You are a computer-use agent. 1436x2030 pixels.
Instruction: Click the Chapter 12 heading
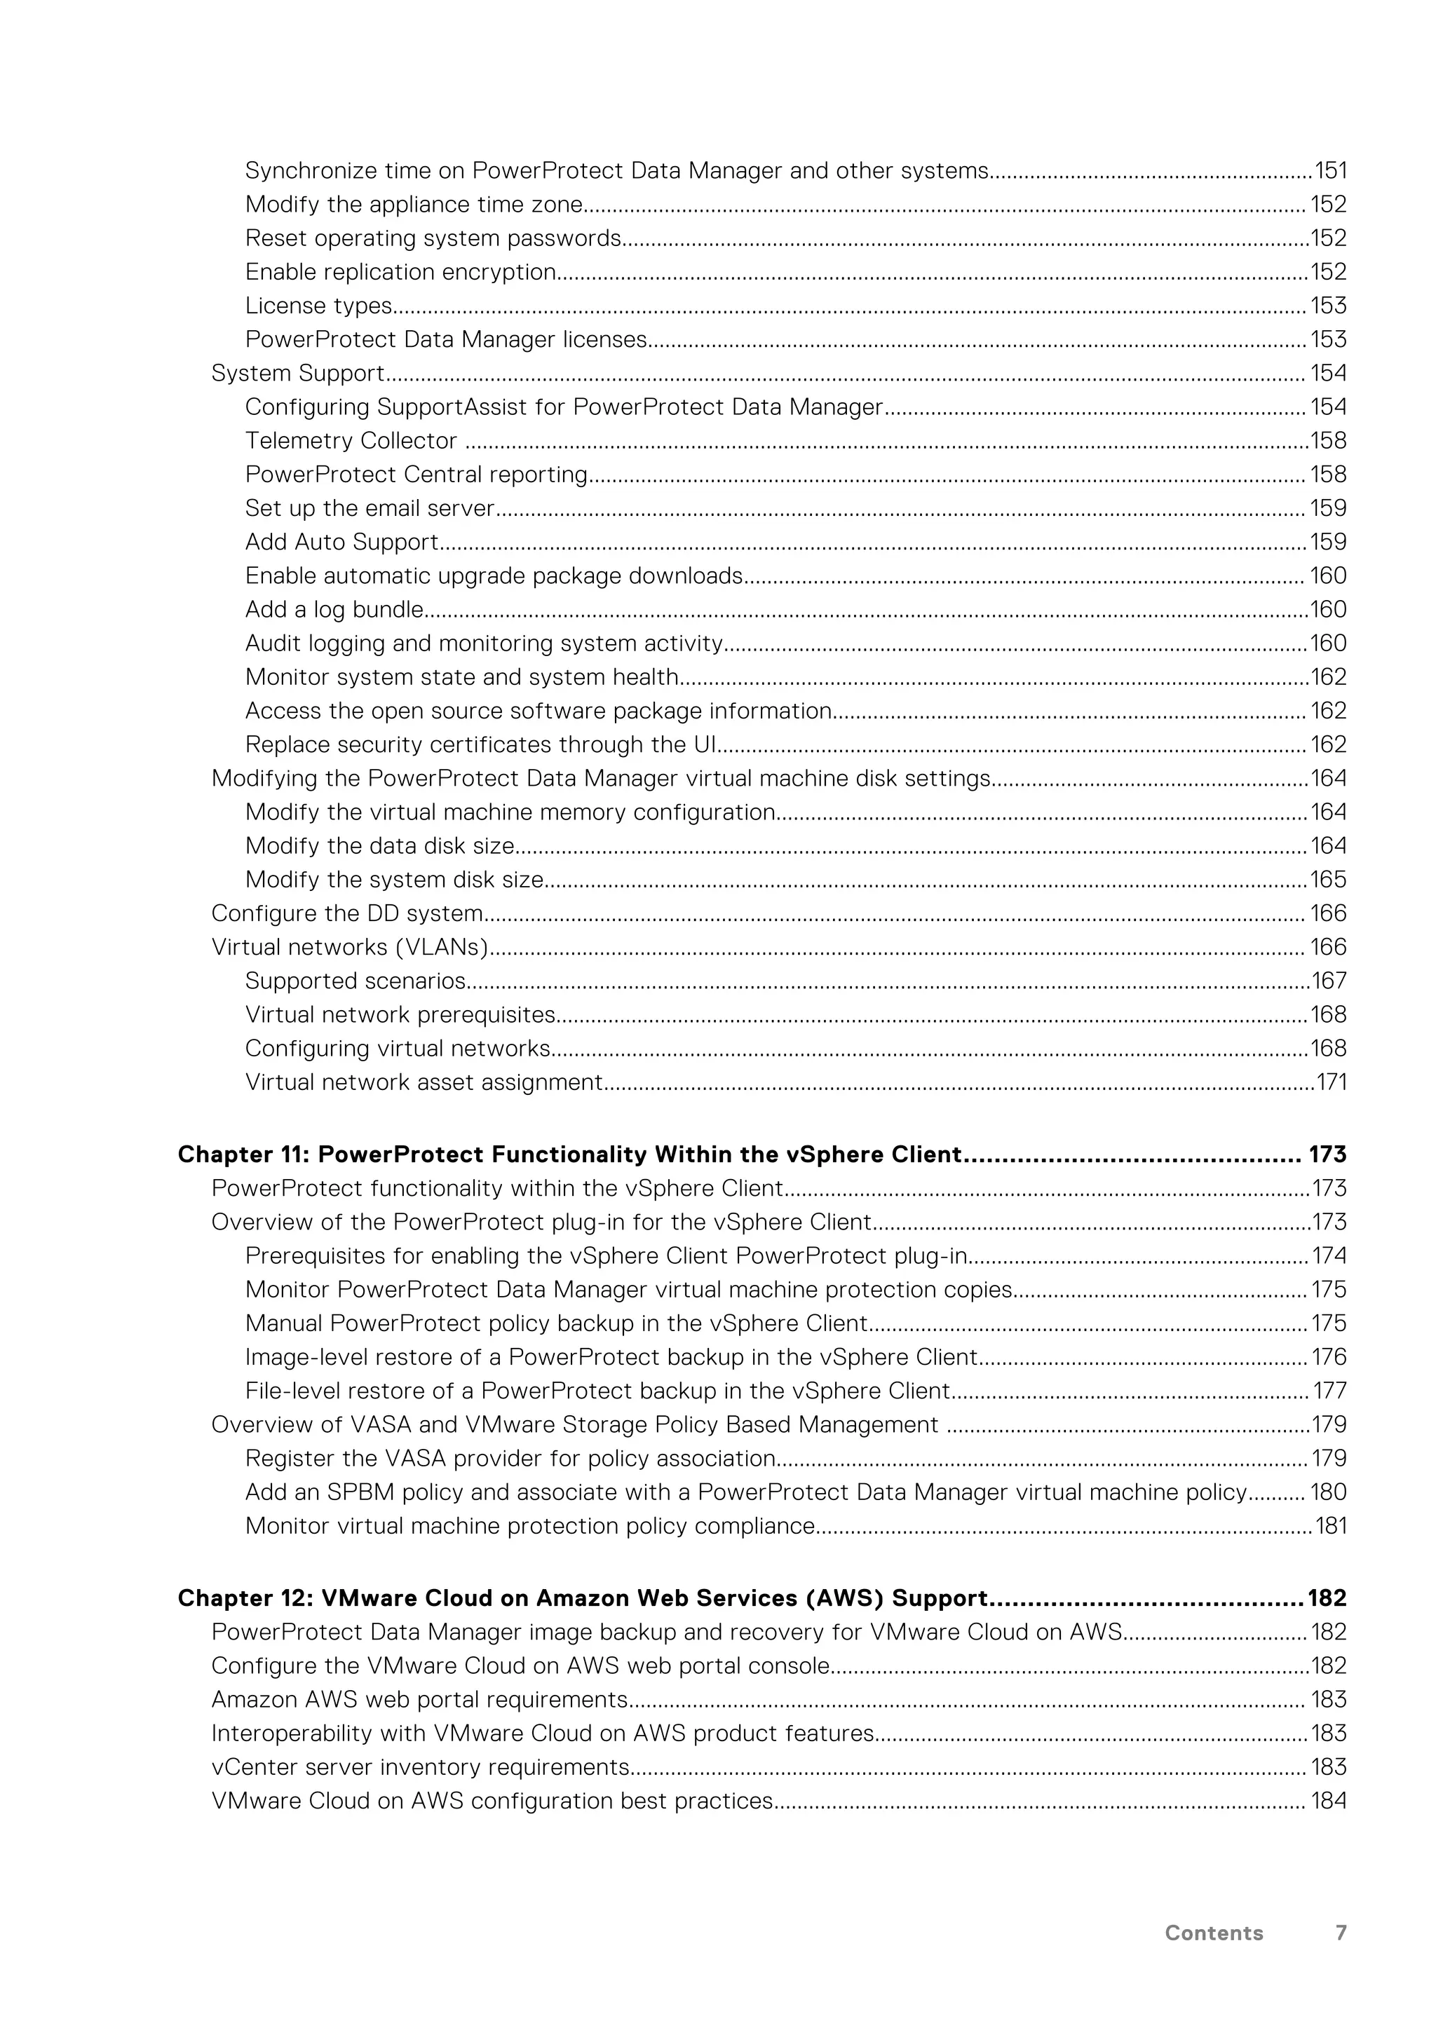point(582,1598)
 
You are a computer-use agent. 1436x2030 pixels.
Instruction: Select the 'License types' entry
point(318,306)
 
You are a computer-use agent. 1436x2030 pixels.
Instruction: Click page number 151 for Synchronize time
point(1330,170)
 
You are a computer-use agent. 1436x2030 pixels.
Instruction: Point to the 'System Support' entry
point(298,373)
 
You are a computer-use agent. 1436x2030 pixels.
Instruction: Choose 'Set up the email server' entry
point(370,508)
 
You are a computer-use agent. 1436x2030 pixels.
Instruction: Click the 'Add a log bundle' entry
point(334,610)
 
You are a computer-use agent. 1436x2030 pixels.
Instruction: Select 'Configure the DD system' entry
point(346,913)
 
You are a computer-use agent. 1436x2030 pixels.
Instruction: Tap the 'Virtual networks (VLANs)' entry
point(349,947)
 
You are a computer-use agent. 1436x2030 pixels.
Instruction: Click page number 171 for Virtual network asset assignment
point(1331,1082)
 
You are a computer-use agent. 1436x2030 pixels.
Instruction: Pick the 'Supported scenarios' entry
point(355,981)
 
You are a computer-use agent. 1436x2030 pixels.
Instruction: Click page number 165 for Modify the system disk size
point(1328,880)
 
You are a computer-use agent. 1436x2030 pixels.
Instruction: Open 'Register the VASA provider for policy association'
point(510,1459)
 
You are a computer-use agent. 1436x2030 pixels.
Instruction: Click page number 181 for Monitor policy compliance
point(1331,1526)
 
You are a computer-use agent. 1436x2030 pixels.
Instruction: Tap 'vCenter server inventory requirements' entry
point(420,1767)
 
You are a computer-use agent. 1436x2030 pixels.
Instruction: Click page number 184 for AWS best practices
point(1328,1801)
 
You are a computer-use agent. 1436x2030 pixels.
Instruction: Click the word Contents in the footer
point(1213,1933)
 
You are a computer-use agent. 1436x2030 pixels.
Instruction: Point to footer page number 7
point(1341,1933)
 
